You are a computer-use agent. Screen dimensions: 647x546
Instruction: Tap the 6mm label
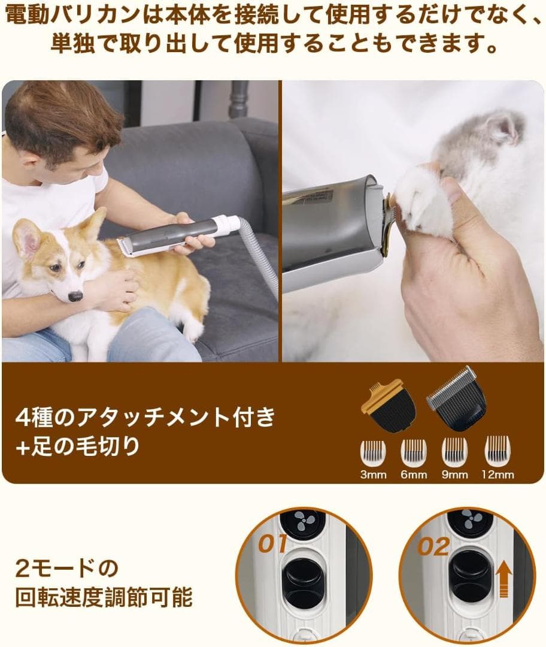click(414, 475)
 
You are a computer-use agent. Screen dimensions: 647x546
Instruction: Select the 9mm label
click(454, 475)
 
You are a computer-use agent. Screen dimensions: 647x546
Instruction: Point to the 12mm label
click(498, 475)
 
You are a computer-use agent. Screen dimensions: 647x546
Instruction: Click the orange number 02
click(435, 546)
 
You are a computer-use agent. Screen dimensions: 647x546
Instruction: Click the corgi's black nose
click(75, 296)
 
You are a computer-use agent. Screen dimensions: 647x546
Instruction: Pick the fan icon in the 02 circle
click(474, 520)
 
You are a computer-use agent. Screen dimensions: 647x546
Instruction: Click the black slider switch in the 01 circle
click(303, 581)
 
